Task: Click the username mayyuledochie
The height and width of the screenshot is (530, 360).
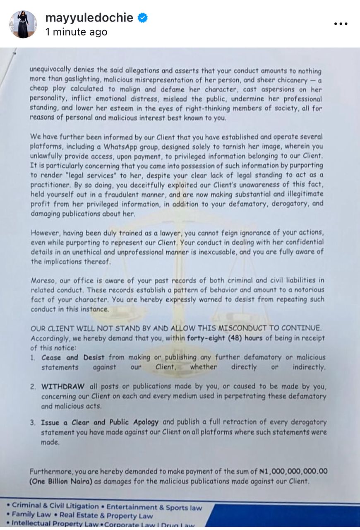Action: pyautogui.click(x=89, y=18)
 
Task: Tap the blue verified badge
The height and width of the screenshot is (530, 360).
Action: pyautogui.click(x=142, y=18)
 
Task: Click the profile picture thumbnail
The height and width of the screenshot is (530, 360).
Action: pyautogui.click(x=23, y=24)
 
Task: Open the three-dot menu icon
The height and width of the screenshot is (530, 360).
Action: pyautogui.click(x=341, y=24)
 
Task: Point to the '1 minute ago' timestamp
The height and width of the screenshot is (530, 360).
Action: pyautogui.click(x=76, y=32)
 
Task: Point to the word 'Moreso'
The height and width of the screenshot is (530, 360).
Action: pyautogui.click(x=43, y=280)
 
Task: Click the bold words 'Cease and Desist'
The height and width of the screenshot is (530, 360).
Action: pyautogui.click(x=73, y=357)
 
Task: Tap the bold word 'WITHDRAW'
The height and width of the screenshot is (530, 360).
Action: pyautogui.click(x=63, y=387)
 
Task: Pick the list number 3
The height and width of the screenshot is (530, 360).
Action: pyautogui.click(x=33, y=423)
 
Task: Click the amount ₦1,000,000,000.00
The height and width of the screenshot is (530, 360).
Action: pyautogui.click(x=293, y=471)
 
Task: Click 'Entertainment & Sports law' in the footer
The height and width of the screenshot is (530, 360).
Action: pyautogui.click(x=154, y=507)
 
